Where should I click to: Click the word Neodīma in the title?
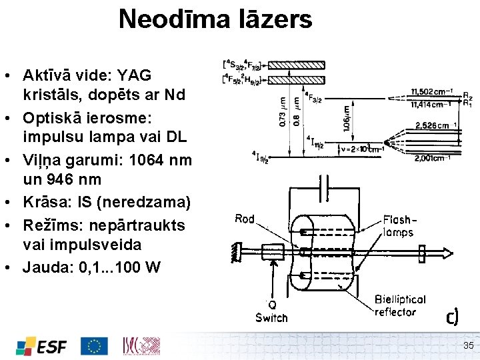(173, 19)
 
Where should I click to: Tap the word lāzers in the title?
(275, 19)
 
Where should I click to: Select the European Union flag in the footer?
(94, 345)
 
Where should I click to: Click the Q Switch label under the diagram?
(272, 311)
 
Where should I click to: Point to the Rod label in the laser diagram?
(245, 219)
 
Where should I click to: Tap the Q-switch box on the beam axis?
(273, 252)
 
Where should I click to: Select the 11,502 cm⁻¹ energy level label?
(432, 92)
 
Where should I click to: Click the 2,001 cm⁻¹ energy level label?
(433, 158)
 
